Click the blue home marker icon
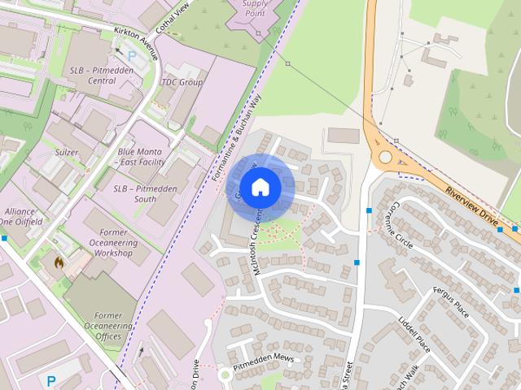(260, 188)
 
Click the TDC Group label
(182, 82)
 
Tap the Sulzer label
(67, 152)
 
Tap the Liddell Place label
(414, 333)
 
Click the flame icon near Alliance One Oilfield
(57, 262)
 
